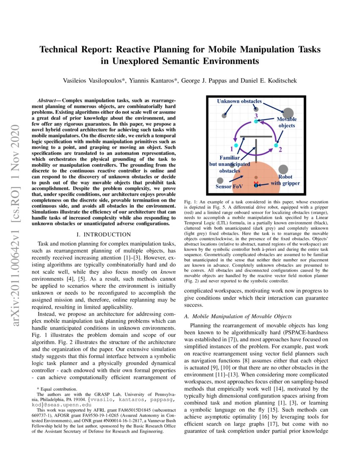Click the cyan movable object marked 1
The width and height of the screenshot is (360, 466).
(236, 145)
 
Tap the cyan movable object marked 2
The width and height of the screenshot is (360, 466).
(276, 145)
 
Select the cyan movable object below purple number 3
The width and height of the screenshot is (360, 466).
(255, 122)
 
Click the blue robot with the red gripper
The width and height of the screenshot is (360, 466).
(256, 185)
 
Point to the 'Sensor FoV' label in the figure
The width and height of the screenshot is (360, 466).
(229, 186)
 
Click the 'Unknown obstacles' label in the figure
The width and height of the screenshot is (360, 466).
(239, 102)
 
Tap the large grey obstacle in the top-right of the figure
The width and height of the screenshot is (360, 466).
(288, 113)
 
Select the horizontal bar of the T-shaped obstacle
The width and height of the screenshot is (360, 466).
(256, 136)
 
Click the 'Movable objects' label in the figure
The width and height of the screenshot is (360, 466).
(287, 122)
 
